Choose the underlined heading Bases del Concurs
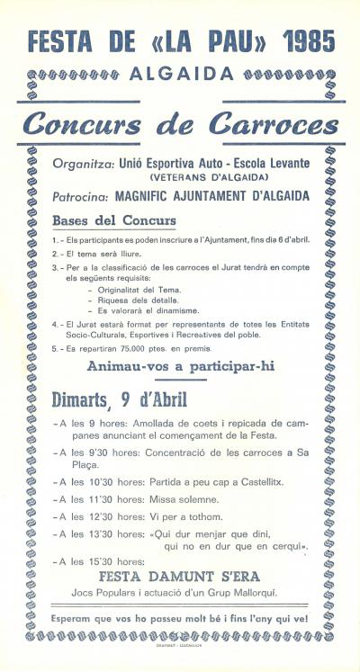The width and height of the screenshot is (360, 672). (x=127, y=220)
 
